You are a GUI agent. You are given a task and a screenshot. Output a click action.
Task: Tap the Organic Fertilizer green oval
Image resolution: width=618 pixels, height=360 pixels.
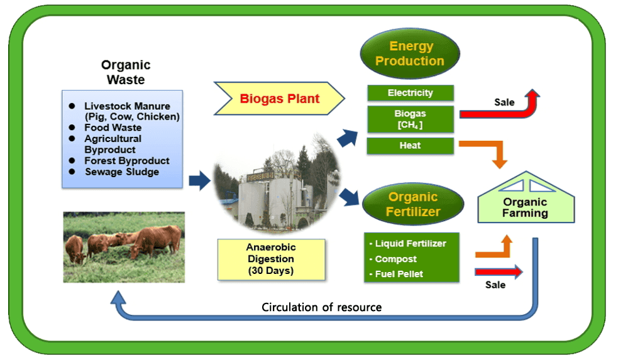(413, 204)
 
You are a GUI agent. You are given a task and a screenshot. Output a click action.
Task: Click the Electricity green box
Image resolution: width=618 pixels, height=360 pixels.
(410, 93)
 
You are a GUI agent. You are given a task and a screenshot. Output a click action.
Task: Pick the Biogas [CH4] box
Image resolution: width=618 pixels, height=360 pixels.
(410, 119)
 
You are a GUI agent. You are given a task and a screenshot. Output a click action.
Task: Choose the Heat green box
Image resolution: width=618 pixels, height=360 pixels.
(410, 146)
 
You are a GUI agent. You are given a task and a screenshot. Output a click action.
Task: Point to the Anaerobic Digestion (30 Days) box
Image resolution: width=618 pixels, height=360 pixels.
(271, 259)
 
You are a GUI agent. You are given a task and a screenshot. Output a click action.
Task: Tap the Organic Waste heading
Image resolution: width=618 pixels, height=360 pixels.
(126, 72)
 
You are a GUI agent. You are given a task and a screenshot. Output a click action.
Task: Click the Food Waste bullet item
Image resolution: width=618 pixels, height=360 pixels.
(113, 128)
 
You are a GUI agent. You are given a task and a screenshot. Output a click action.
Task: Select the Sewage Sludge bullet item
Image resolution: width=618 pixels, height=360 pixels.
(121, 172)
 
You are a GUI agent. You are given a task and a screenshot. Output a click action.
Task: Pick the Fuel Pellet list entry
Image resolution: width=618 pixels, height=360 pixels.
(400, 273)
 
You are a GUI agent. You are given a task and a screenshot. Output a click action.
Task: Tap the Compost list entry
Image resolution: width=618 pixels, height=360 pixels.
(395, 259)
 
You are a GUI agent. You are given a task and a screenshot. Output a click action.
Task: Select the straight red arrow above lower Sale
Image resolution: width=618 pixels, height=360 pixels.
(499, 271)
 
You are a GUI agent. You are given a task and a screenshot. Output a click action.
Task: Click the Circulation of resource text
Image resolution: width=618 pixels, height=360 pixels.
(321, 307)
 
